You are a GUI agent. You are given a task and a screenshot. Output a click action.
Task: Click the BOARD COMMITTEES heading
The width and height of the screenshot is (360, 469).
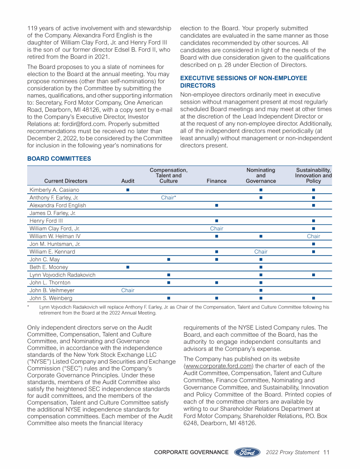point(60,159)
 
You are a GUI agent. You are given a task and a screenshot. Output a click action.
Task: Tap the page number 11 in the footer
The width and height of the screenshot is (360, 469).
point(327,452)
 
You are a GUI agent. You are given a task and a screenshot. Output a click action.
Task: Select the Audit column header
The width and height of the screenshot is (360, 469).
point(127,181)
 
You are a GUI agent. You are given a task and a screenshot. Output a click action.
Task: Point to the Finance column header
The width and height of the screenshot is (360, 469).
point(216,181)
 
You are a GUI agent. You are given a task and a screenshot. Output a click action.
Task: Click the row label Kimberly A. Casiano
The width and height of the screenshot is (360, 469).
point(54,190)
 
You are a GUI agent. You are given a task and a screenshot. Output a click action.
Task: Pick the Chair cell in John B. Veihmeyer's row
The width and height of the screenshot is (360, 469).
point(127,290)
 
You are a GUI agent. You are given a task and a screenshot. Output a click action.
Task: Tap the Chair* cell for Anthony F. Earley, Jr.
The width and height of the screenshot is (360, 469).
point(168,198)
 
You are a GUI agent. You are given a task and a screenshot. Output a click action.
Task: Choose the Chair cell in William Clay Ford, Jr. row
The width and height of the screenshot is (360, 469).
point(216,228)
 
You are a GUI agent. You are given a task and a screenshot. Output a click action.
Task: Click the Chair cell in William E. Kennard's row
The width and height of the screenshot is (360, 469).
point(261,251)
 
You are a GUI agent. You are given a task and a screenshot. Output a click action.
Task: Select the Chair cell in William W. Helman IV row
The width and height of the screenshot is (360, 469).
point(313,236)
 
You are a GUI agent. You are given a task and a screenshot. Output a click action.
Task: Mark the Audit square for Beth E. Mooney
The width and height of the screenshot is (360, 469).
point(127,267)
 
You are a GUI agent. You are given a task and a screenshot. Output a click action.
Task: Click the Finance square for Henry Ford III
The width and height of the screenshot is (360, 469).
point(216,221)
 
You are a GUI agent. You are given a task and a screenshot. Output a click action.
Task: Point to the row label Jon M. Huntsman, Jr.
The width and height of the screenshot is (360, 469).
point(55,244)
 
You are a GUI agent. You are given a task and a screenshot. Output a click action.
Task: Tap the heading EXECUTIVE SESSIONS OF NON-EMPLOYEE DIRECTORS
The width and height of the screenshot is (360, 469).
point(244,82)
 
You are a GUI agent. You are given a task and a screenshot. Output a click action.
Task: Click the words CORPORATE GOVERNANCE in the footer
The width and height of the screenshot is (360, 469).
point(191,452)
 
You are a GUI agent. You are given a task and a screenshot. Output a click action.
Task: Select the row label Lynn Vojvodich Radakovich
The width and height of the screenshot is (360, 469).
point(62,274)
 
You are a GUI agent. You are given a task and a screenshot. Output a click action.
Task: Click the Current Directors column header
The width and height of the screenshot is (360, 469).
point(66,181)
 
